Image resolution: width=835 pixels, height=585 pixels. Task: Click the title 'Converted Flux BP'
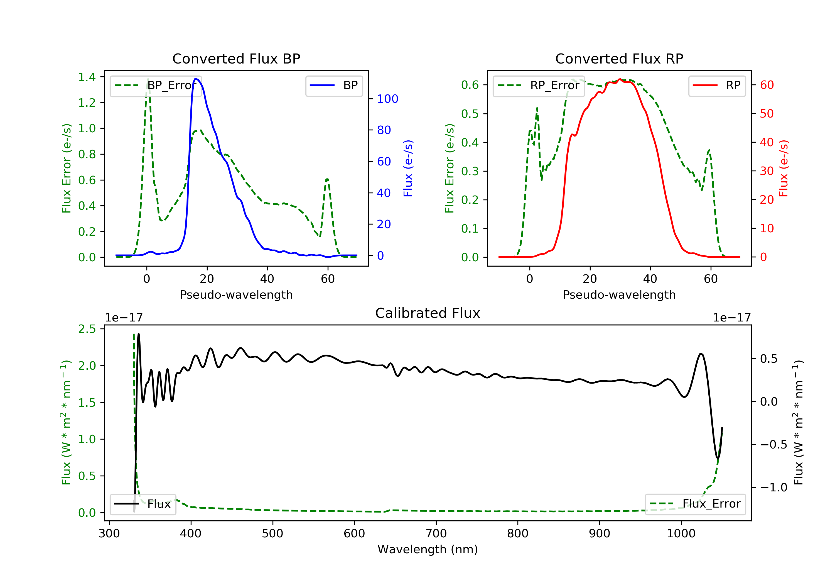[236, 58]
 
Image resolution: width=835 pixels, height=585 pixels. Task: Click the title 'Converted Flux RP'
[619, 58]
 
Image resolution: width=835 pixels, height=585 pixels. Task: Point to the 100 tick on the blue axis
[387, 99]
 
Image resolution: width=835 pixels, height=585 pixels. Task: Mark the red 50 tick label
[767, 114]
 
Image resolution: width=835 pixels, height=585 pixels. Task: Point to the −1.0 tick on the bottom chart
[773, 487]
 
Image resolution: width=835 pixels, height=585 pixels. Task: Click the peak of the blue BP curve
[196, 79]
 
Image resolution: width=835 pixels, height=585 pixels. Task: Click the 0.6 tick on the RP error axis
[470, 85]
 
